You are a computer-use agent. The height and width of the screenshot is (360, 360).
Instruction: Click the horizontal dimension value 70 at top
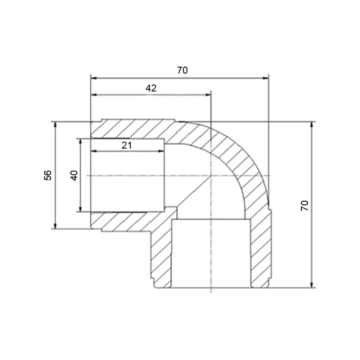click(182, 70)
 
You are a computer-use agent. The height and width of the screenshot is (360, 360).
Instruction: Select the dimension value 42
click(151, 88)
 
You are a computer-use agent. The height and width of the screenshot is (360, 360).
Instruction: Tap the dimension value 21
click(127, 145)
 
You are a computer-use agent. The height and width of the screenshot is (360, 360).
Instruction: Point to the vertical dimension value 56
click(48, 175)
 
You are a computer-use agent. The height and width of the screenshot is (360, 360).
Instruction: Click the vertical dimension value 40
click(74, 176)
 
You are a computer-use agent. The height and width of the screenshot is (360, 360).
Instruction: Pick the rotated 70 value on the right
click(305, 206)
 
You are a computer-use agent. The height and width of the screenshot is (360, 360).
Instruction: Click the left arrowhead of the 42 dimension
click(94, 95)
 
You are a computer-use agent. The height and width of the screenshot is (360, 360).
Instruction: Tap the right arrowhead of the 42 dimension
click(208, 95)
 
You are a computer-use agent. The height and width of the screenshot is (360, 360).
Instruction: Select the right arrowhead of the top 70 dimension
click(266, 78)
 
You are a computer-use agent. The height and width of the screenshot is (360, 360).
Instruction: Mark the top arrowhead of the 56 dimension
click(55, 125)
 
